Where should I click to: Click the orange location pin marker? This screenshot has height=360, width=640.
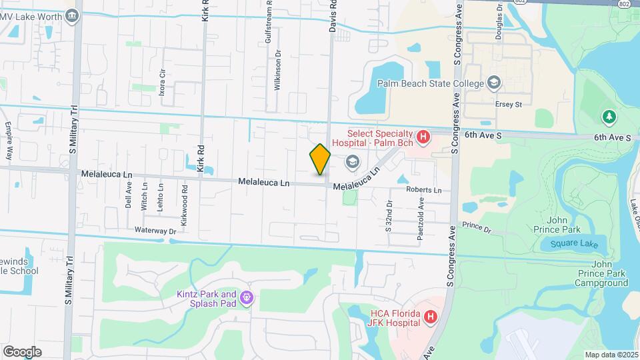coord(320,159)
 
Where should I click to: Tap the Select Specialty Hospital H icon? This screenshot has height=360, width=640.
coord(422,137)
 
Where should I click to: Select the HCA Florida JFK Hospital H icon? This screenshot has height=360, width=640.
coord(431,317)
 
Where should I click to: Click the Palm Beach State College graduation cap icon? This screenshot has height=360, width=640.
coord(494,83)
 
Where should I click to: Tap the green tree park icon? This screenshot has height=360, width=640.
coord(608,117)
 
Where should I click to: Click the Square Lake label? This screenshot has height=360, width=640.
coord(573,244)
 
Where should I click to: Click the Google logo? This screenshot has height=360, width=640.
coord(22,351)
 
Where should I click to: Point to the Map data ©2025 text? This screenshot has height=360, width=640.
coord(611,355)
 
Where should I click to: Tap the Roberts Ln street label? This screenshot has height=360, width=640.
coord(424,190)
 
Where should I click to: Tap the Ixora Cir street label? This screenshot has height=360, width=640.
coord(161,81)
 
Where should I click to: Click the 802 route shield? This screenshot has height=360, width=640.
coord(624,4)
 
